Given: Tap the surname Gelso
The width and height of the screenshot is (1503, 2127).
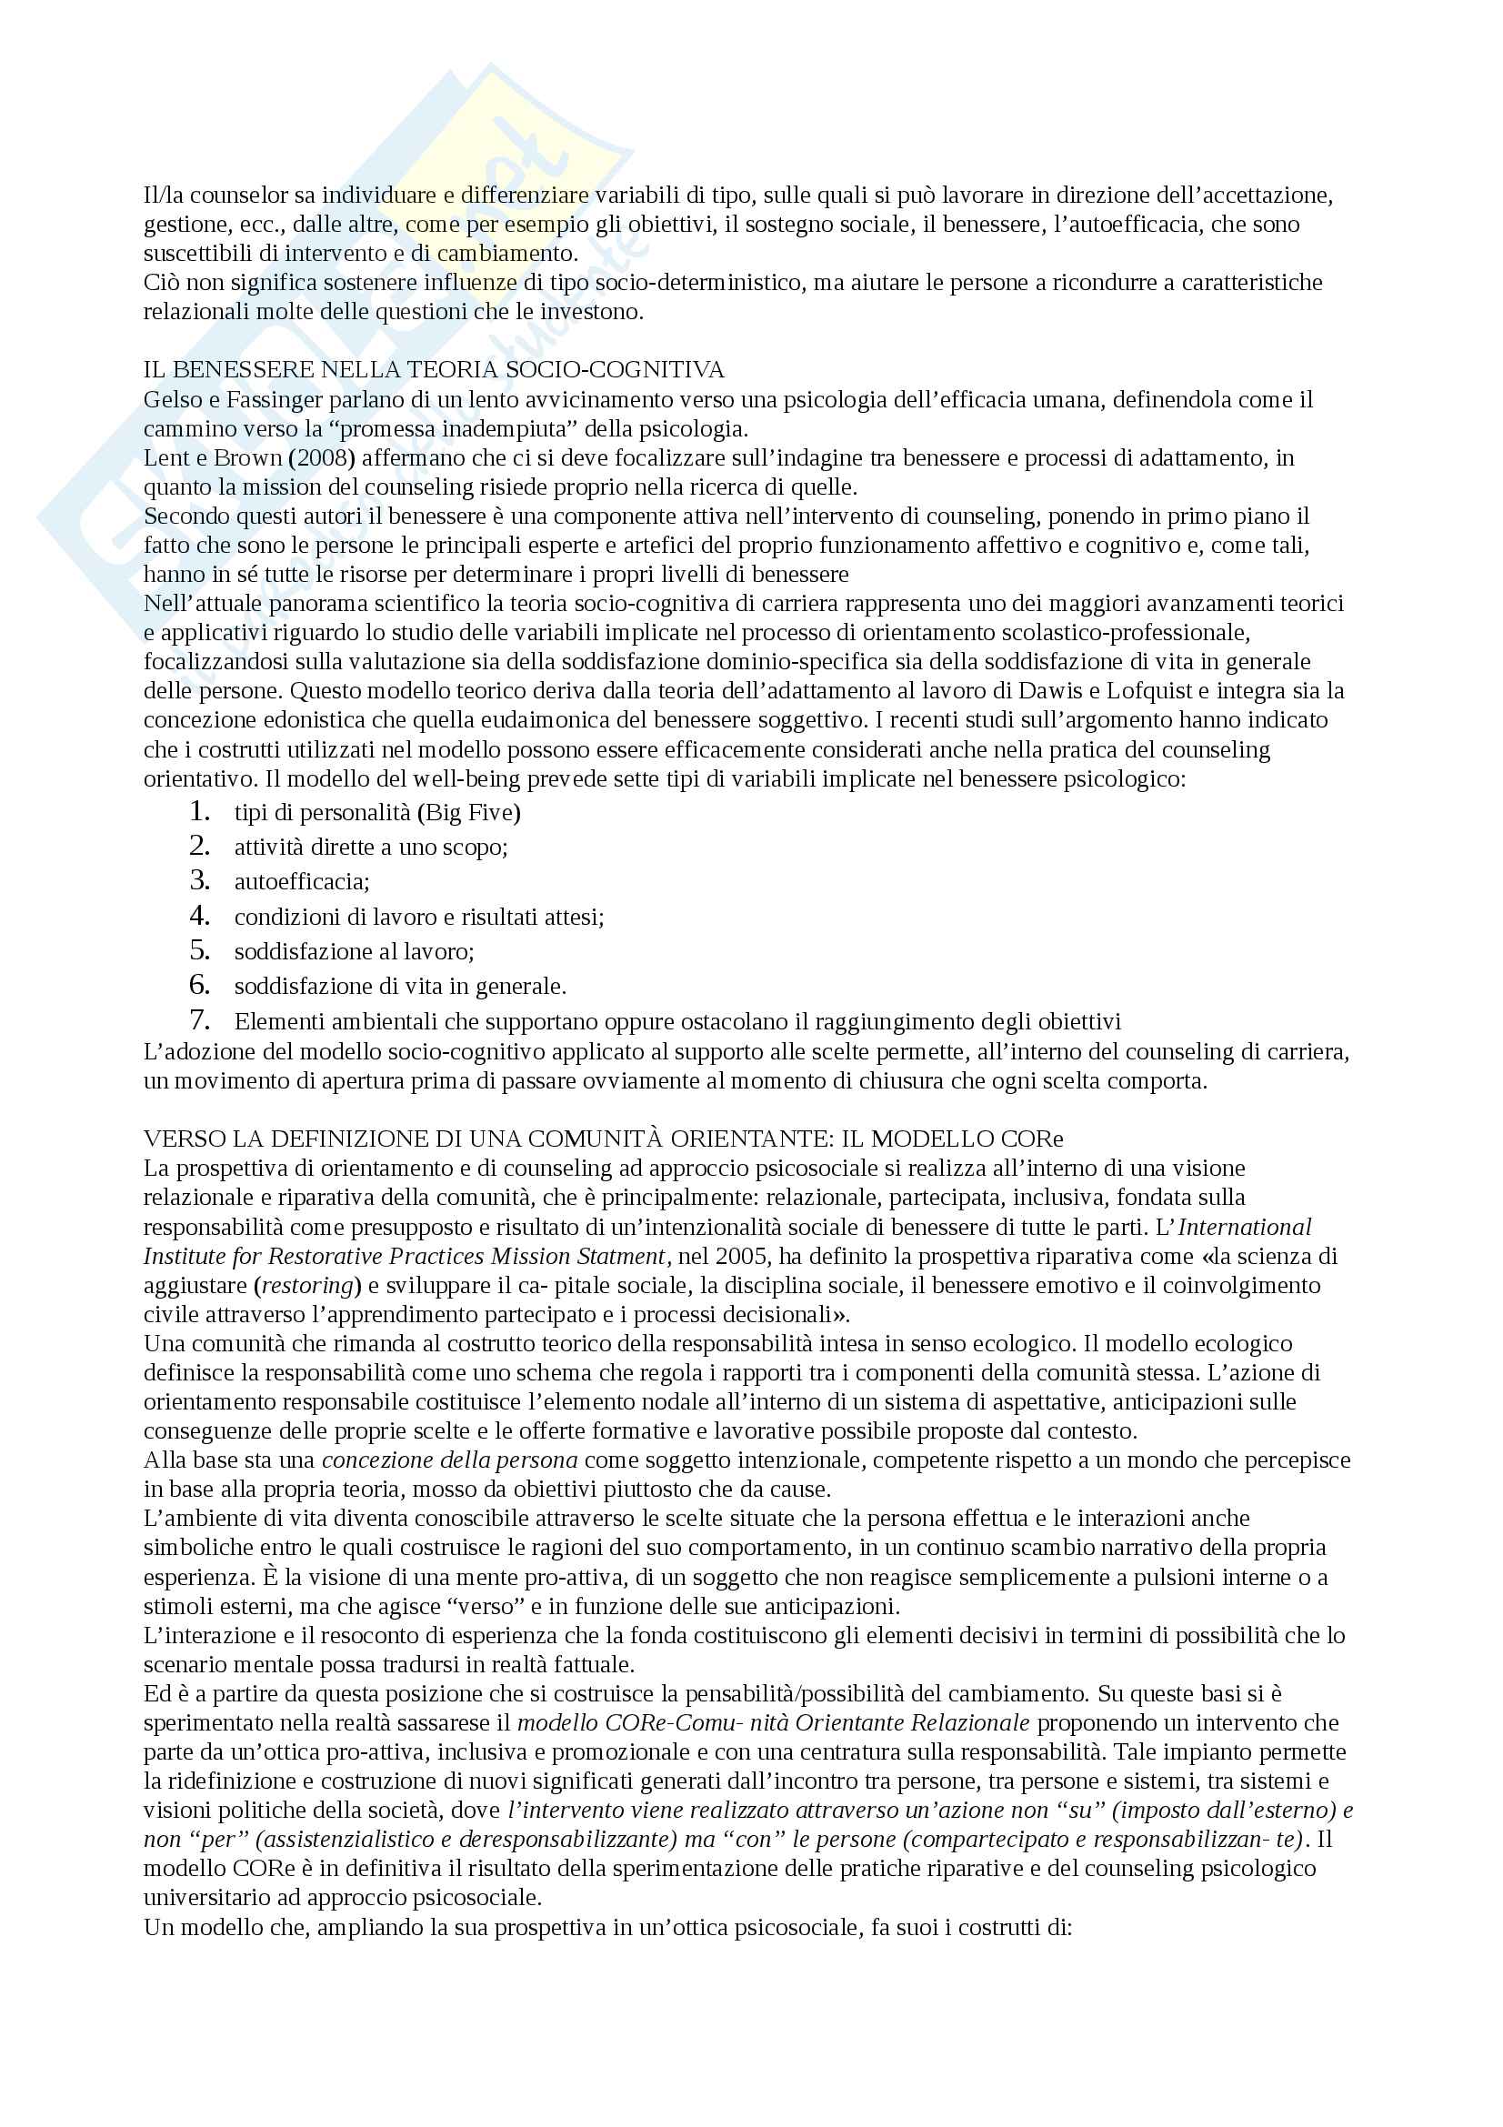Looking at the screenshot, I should point(172,400).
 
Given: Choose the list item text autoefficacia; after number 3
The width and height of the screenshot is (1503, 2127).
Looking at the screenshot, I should point(302,882).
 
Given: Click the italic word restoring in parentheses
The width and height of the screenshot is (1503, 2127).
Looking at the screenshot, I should point(306,1286).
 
